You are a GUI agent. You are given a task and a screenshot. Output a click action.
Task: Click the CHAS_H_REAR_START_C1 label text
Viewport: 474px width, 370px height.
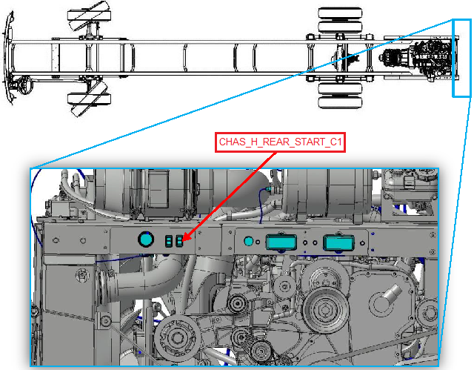click(x=280, y=142)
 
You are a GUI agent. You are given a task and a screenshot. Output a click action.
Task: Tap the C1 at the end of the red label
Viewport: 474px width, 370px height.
click(x=336, y=142)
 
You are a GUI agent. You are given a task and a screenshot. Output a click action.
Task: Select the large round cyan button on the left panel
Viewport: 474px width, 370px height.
click(x=146, y=239)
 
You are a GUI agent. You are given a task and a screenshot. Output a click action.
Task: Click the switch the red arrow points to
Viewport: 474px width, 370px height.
click(x=179, y=241)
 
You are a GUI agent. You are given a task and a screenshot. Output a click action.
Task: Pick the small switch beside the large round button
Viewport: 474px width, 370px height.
click(x=169, y=241)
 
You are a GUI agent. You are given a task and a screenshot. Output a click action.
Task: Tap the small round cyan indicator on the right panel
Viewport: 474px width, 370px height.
click(x=249, y=241)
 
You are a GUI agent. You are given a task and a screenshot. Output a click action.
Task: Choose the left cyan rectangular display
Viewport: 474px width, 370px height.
click(x=281, y=242)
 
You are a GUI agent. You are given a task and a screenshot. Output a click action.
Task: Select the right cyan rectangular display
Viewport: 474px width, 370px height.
click(x=338, y=242)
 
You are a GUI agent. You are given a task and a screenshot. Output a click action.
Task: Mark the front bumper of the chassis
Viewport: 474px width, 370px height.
click(x=8, y=58)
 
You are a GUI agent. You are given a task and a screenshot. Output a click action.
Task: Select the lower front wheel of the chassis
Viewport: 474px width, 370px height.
click(x=89, y=99)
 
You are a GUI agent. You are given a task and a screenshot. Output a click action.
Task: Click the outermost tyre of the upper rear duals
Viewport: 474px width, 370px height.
click(x=340, y=13)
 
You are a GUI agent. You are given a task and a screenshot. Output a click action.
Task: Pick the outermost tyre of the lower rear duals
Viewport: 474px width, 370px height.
click(x=340, y=103)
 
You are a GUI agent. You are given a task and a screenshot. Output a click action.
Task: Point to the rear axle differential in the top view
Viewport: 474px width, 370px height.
click(x=340, y=58)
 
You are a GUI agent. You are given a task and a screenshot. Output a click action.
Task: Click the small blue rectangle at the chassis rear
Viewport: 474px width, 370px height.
click(x=461, y=58)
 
